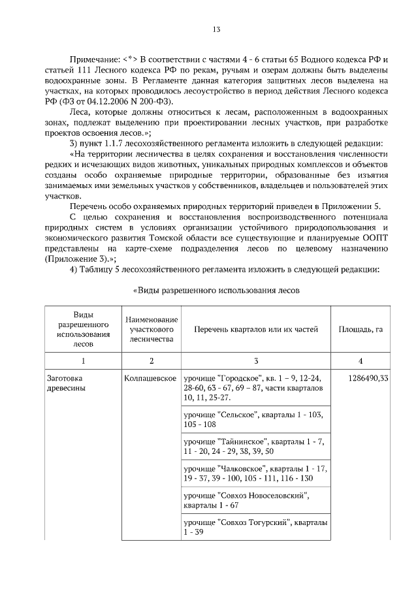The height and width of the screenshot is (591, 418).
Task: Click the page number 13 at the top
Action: point(216,29)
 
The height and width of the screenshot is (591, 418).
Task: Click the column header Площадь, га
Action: point(361,330)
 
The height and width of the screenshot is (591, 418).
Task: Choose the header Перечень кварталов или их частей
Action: point(255,330)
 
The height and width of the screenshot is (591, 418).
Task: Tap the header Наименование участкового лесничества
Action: point(152,330)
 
